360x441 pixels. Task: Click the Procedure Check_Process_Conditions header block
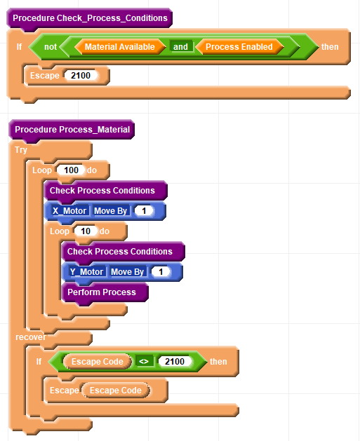coord(90,18)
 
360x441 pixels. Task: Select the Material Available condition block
coord(120,47)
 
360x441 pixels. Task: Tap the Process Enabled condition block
coord(239,47)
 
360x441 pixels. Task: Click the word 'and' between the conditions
coord(181,47)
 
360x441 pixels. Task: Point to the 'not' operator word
coord(51,47)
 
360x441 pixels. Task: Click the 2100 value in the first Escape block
coord(81,76)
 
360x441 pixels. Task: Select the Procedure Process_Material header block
coord(72,130)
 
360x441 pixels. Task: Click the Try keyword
coord(21,150)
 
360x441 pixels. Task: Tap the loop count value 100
coord(71,170)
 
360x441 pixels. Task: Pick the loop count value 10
coord(86,231)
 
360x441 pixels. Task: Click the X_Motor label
coord(69,210)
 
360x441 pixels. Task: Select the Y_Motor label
coord(87,272)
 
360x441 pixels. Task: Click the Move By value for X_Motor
coord(144,210)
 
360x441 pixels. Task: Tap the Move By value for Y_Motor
coord(161,272)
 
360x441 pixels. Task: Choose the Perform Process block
coord(105,292)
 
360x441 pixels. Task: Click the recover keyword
coord(31,337)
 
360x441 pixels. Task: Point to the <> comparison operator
coord(144,361)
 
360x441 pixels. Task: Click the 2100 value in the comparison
coord(175,361)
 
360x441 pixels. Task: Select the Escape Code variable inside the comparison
coord(98,361)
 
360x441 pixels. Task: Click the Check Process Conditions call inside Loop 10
coord(124,252)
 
